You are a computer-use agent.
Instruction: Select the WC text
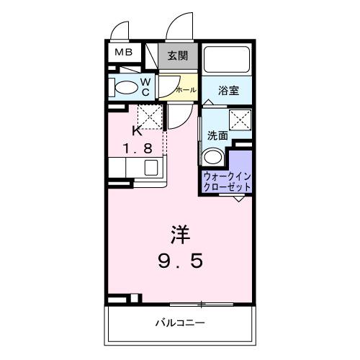coord(145,87)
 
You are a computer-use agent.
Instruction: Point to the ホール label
coord(186,91)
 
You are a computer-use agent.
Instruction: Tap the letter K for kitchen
coord(137,130)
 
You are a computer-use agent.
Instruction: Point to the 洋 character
coord(180,234)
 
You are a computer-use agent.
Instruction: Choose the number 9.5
coord(180,261)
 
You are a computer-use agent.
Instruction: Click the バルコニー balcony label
coord(181,323)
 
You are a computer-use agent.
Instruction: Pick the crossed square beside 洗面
coord(240,119)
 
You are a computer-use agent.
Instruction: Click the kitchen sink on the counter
coord(151,168)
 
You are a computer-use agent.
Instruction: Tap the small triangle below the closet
coord(238,197)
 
